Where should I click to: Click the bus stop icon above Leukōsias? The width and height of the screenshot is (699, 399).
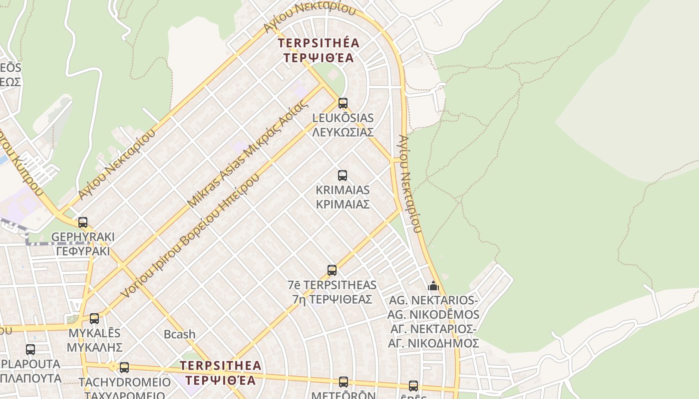pyautogui.click(x=343, y=103)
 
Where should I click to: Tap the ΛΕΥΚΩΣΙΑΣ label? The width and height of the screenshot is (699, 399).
pyautogui.click(x=343, y=132)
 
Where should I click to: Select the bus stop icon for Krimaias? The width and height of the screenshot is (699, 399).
pyautogui.click(x=343, y=176)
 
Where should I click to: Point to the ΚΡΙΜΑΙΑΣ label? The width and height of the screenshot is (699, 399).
pyautogui.click(x=343, y=204)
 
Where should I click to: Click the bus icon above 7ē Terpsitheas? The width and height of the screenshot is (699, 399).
pyautogui.click(x=332, y=270)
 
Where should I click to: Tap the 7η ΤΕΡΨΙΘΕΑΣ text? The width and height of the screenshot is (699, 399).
pyautogui.click(x=332, y=299)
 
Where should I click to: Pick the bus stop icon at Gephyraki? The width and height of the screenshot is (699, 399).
pyautogui.click(x=83, y=222)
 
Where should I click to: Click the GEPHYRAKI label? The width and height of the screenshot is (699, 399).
pyautogui.click(x=83, y=236)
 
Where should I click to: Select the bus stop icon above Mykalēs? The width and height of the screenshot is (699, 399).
pyautogui.click(x=94, y=318)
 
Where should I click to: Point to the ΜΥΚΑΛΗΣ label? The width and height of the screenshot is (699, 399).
pyautogui.click(x=95, y=347)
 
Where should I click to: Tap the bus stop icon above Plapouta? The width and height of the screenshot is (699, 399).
pyautogui.click(x=30, y=350)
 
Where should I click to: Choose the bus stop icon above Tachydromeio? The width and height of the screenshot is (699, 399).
pyautogui.click(x=124, y=368)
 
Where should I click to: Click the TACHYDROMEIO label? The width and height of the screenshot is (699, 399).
pyautogui.click(x=125, y=383)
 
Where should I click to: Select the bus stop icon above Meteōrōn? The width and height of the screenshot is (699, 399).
pyautogui.click(x=344, y=382)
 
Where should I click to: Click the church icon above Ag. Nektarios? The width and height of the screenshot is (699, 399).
pyautogui.click(x=433, y=286)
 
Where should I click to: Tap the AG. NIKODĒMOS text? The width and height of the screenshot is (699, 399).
pyautogui.click(x=433, y=315)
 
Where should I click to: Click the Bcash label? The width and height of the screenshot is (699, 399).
pyautogui.click(x=180, y=334)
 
